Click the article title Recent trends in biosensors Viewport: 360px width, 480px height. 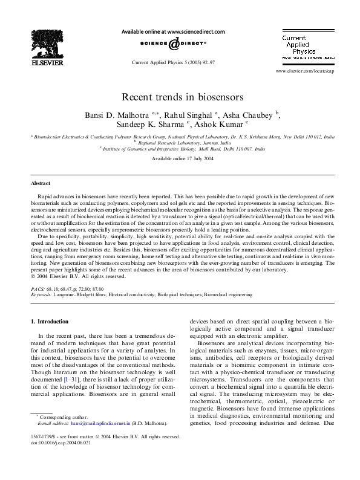pyautogui.click(x=183, y=96)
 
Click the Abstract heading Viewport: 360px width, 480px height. pyautogui.click(x=40, y=183)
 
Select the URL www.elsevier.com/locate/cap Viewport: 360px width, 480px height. pyautogui.click(x=304, y=71)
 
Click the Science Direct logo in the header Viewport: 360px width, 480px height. pyautogui.click(x=174, y=44)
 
